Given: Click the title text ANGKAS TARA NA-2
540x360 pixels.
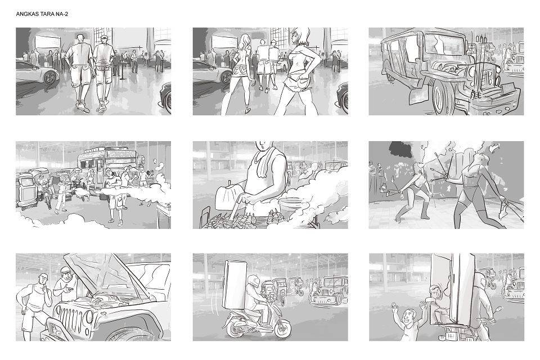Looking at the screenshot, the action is [42, 14].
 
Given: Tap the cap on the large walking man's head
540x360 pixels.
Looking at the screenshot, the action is [105, 37].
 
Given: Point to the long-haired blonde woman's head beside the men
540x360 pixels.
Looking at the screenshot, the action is [245, 41].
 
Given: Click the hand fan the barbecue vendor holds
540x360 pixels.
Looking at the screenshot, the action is [226, 197].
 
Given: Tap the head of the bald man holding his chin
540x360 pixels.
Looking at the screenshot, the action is [43, 280].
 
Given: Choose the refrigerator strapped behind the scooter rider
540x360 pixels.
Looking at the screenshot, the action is [236, 284].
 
